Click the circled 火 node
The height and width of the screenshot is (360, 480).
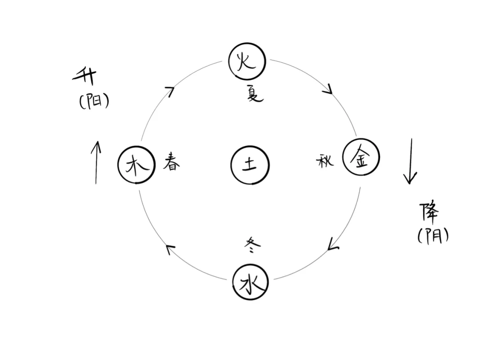point(247,62)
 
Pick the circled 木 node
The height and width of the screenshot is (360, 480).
point(136,165)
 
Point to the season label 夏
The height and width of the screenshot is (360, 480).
point(255,94)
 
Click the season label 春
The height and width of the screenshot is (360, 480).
point(171,161)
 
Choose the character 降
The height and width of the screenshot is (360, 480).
point(429,213)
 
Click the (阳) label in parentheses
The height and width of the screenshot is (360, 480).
point(94,102)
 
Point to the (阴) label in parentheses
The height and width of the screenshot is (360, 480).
point(432,235)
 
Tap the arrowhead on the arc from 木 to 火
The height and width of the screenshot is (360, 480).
point(169,91)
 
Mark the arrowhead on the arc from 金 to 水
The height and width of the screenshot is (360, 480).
point(333,244)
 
